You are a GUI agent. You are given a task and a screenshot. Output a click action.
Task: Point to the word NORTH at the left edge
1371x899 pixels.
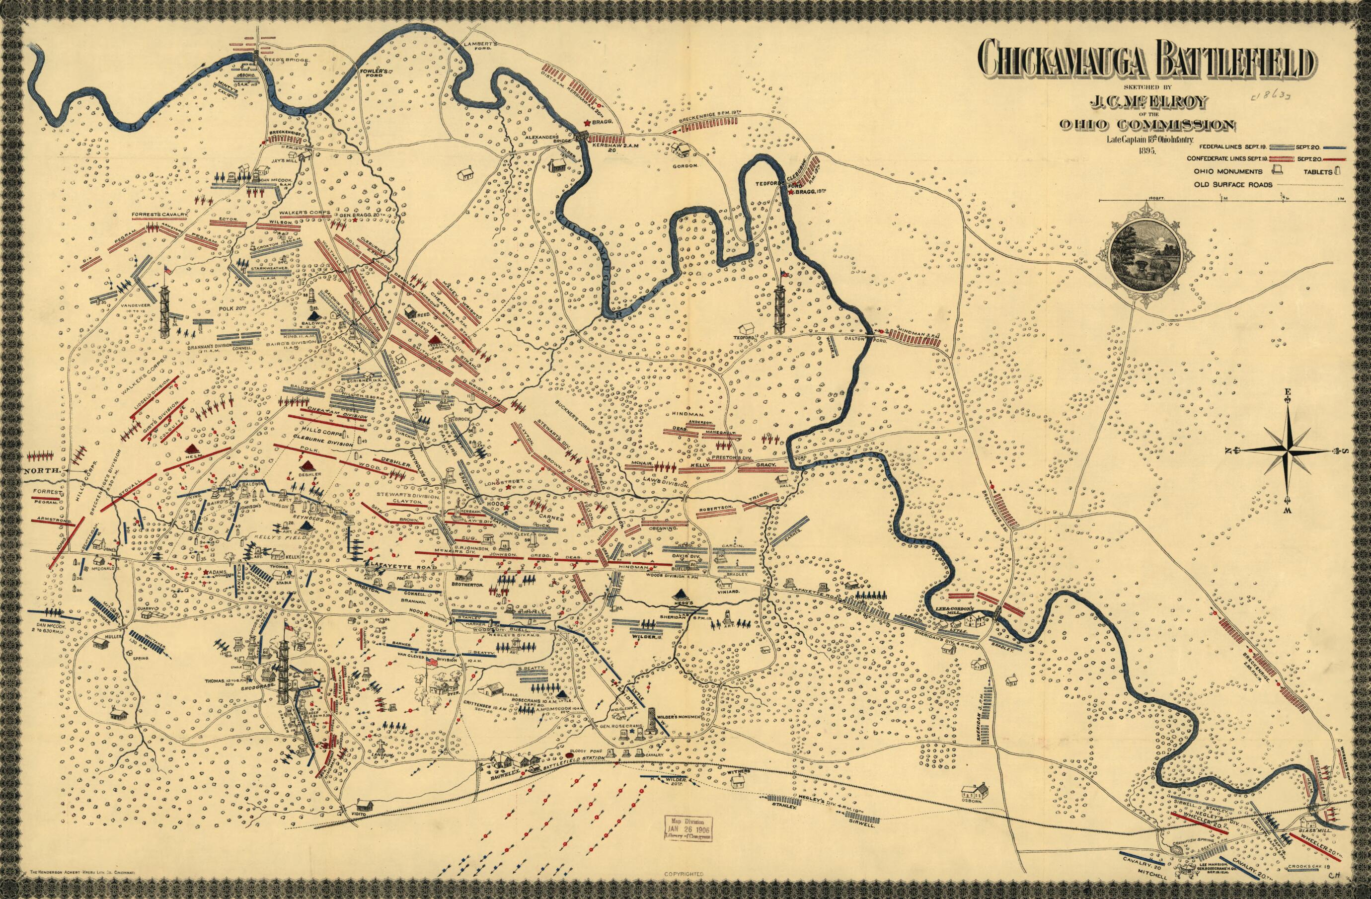point(42,470)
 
